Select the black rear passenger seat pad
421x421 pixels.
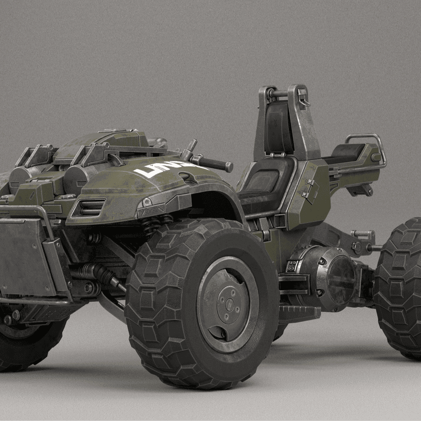[x=348, y=152]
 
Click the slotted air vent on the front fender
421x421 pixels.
[x=92, y=206]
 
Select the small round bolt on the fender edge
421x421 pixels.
[x=147, y=202]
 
